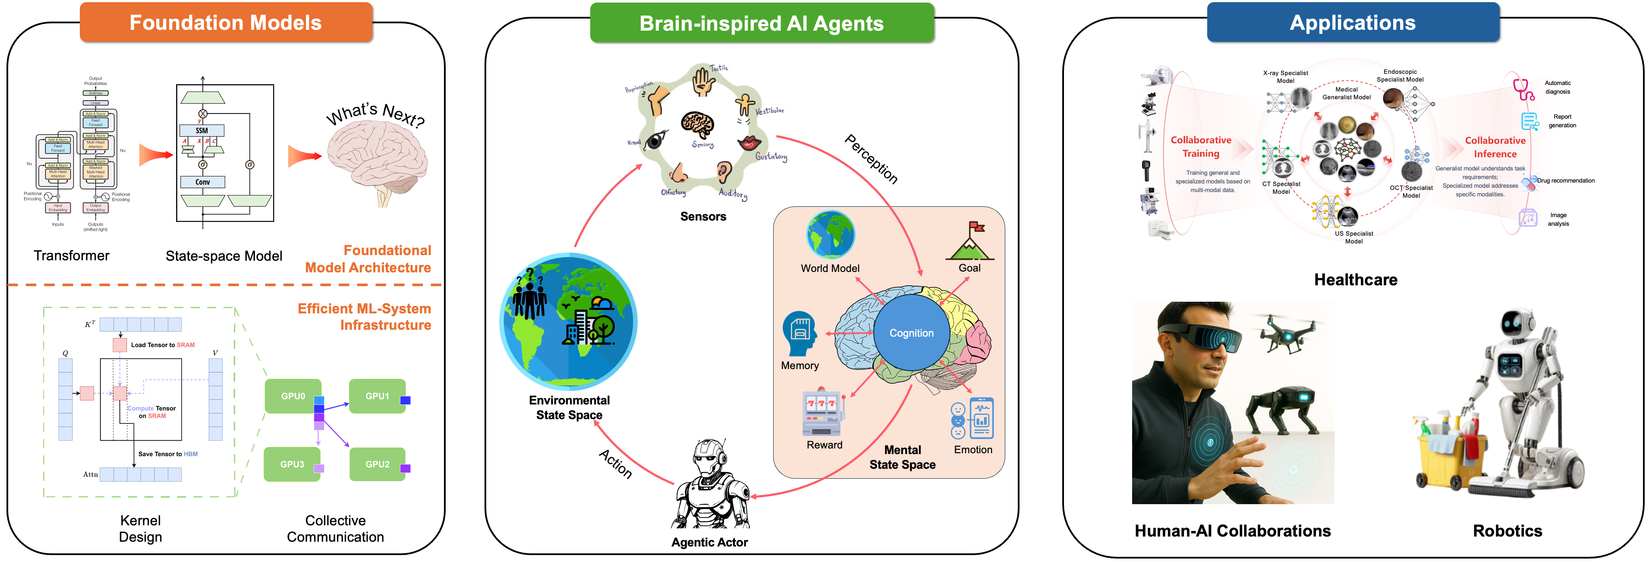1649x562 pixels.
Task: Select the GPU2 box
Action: click(x=377, y=464)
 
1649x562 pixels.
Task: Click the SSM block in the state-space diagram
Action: click(x=201, y=131)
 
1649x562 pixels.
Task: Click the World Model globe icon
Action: click(x=830, y=235)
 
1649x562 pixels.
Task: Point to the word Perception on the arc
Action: click(x=871, y=159)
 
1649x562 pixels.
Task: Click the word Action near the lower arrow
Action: click(x=616, y=464)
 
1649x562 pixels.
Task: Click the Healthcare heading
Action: click(x=1355, y=280)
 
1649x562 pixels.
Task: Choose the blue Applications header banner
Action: click(x=1352, y=23)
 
